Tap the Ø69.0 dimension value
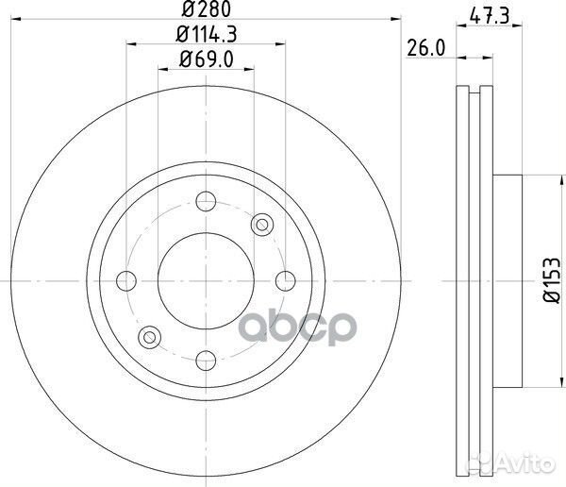click(x=205, y=61)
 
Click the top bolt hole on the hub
click(x=205, y=201)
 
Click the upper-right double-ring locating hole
click(x=263, y=223)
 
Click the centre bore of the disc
click(x=205, y=279)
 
